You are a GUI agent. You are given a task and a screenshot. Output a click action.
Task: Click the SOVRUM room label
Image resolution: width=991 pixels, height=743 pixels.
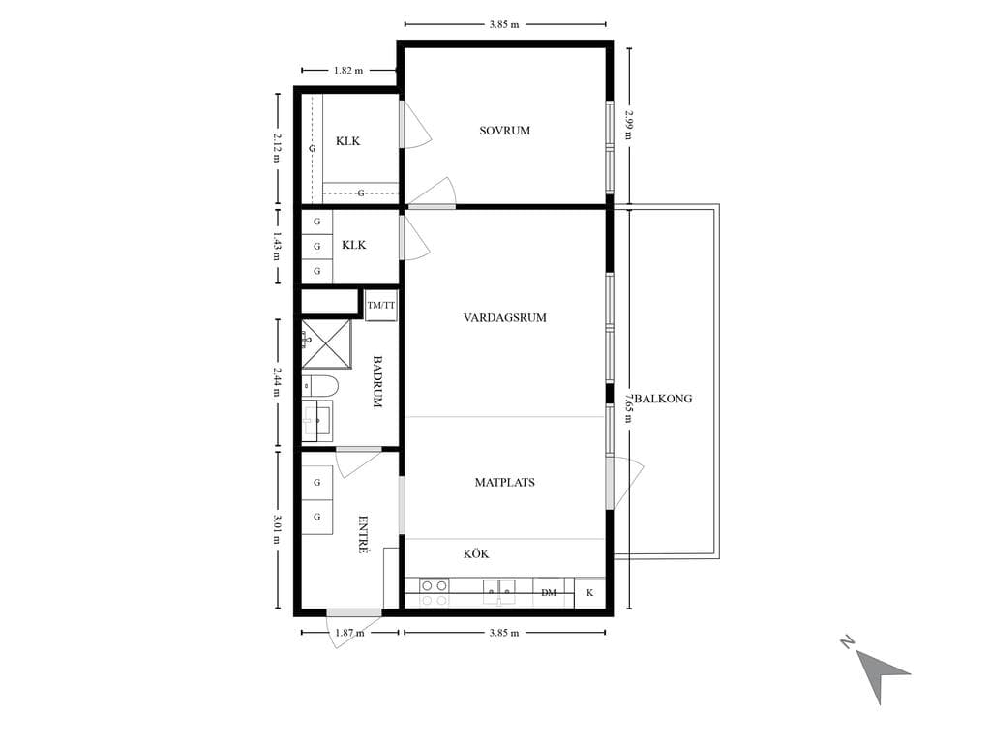coord(504,131)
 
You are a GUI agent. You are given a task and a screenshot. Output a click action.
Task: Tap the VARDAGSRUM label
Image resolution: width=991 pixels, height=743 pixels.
coord(504,317)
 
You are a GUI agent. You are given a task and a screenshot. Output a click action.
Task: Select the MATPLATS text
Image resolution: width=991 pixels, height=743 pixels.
coord(504,482)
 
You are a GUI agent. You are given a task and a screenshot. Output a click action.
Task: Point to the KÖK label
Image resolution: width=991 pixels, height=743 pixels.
coord(476,553)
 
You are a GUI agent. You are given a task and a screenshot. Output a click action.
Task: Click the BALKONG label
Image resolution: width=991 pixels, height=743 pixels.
coord(663,399)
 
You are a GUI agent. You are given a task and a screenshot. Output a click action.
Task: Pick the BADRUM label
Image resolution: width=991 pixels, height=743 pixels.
coord(377,381)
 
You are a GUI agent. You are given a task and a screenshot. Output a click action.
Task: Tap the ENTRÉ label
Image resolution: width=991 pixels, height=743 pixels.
coord(364,534)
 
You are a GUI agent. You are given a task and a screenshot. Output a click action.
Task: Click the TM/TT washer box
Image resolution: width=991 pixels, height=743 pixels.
coord(381,305)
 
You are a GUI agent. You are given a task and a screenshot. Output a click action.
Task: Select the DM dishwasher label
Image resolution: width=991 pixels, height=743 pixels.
coord(549,593)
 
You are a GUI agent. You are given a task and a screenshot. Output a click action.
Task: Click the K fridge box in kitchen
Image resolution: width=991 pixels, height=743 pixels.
coord(589,593)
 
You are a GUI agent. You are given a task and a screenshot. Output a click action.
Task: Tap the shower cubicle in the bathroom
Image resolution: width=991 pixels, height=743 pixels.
coord(326,343)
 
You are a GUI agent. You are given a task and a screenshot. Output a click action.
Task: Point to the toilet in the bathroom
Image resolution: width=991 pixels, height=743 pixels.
coord(319,385)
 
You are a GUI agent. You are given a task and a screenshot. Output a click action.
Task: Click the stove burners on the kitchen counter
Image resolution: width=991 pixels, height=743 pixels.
coord(434,593)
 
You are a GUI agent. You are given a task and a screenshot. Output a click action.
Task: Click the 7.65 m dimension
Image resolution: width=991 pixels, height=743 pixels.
coord(629,408)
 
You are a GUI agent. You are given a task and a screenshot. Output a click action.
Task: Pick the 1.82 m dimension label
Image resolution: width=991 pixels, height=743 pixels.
coord(348,70)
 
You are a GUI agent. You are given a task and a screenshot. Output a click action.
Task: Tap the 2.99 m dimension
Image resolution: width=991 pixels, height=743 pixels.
coord(629,125)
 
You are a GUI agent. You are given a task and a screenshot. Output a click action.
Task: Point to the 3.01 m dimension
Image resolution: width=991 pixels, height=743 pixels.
coord(278,529)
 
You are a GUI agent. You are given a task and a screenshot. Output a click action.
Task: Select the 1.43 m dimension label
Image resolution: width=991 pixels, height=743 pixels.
coord(278,247)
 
